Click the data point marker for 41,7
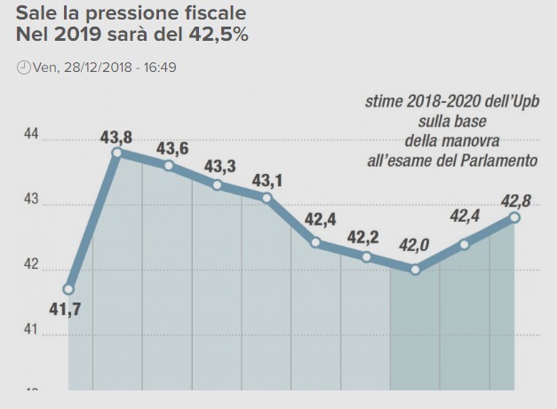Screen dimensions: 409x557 click(69, 289)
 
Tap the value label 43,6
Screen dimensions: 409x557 click(172, 149)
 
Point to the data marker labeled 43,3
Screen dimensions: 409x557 click(217, 185)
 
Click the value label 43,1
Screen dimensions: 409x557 click(267, 181)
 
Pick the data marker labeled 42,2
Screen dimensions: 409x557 click(366, 256)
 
